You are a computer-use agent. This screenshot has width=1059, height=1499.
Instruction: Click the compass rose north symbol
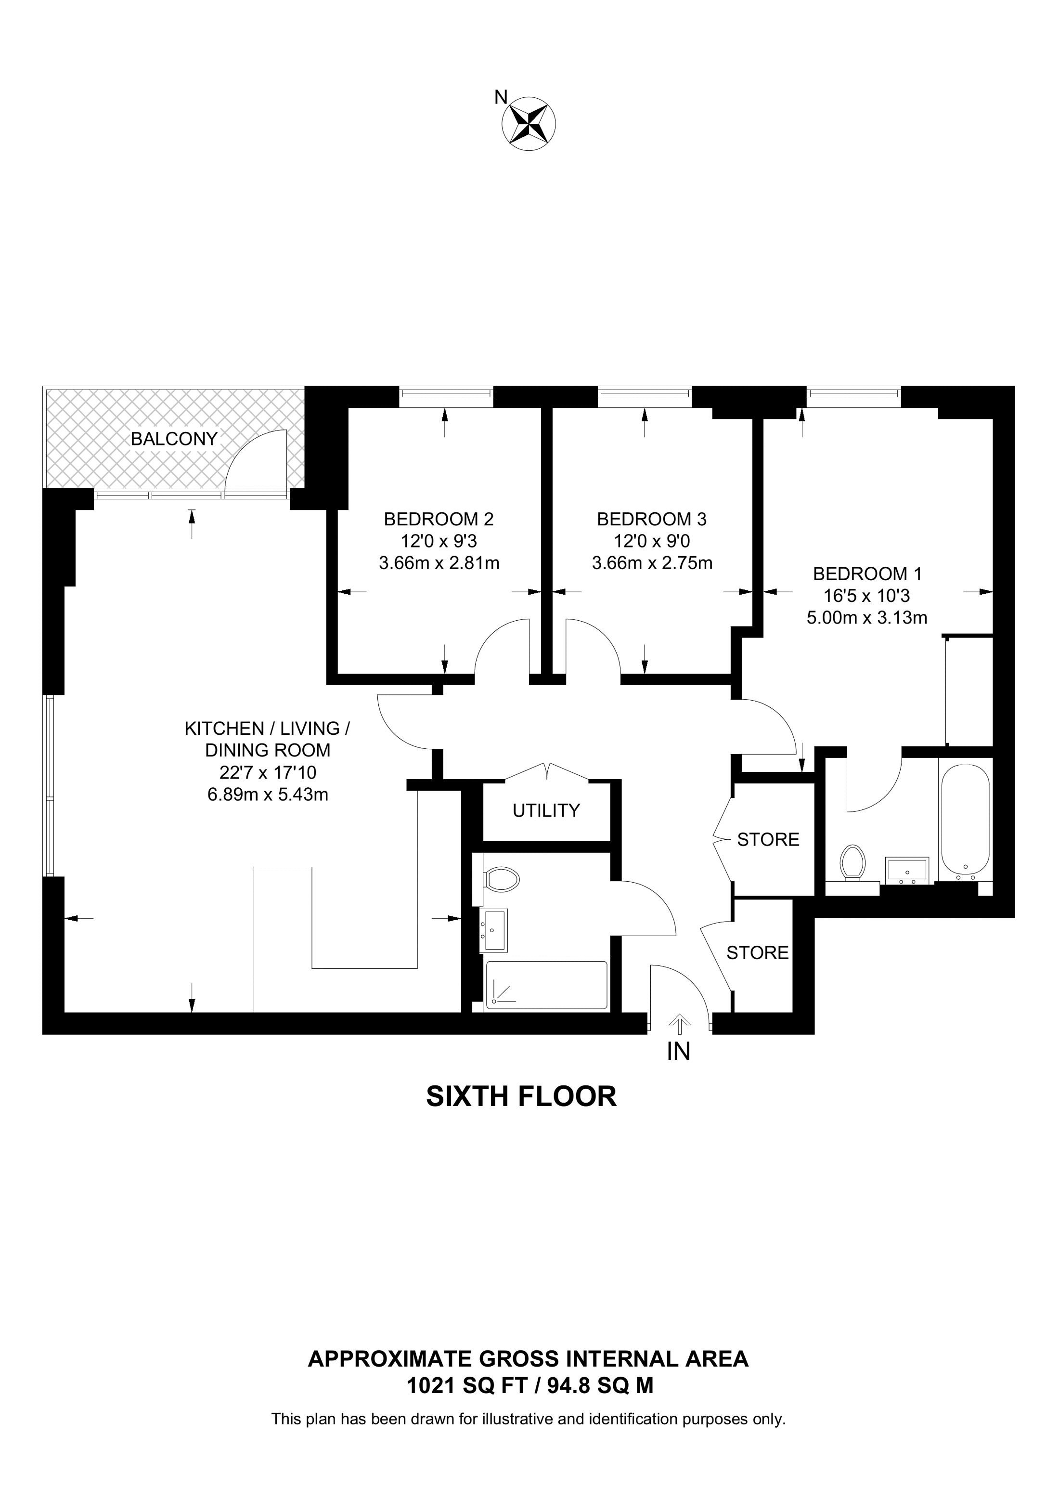529,123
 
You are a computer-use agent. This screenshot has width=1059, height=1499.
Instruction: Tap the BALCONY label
174,439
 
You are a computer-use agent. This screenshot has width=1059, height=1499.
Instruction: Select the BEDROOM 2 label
439,519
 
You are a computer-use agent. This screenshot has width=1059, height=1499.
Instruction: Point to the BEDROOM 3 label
652,519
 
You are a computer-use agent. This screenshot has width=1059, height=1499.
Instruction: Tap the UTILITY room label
546,810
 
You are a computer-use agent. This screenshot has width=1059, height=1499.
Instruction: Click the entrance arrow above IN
679,1024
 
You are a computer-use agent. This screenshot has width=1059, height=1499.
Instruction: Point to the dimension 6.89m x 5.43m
268,795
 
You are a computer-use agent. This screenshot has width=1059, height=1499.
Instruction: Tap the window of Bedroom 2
446,392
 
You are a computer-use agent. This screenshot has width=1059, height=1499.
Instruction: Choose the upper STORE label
768,840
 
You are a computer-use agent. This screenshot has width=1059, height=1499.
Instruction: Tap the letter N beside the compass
501,97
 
